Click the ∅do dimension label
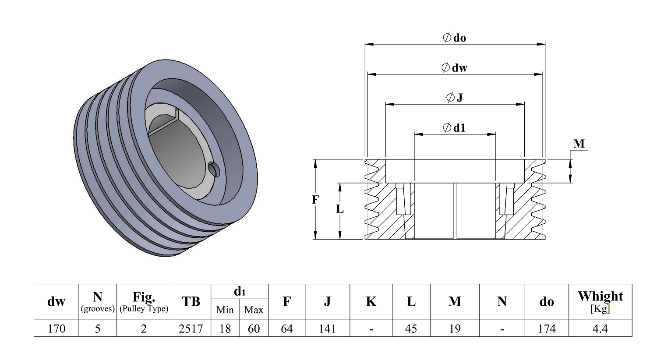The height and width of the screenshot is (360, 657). pos(455,38)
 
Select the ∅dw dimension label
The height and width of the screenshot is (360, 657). pos(455,68)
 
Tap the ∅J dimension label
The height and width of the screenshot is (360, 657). pos(455,98)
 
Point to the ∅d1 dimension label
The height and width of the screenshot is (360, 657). pos(455,128)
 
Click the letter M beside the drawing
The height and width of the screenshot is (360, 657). pos(579,144)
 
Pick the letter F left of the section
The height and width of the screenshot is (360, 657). pos(315,200)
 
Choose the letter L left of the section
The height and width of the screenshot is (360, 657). pos(340,209)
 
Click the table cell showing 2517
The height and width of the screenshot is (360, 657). pos(191,328)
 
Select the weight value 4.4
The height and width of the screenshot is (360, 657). pos(600,328)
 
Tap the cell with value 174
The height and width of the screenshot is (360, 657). pos(547,328)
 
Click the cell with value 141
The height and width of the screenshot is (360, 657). pos(327,328)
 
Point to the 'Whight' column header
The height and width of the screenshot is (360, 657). pos(600,296)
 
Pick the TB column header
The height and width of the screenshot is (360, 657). pos(191,302)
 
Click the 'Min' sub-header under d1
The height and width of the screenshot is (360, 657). pos(225,310)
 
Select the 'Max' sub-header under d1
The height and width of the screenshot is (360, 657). pos(254,310)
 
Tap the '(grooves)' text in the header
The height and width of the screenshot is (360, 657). pos(98,309)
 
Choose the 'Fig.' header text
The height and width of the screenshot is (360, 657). pos(144,297)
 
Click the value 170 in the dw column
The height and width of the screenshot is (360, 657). pos(57,328)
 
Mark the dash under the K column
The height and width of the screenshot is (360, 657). pos(371,328)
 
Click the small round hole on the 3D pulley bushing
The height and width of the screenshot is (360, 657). pos(214,169)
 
